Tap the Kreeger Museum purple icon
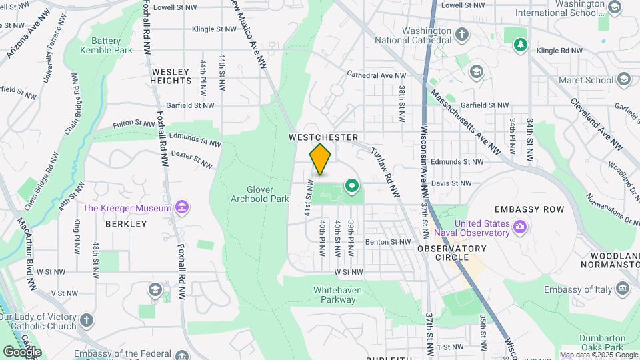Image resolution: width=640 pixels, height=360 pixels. pyautogui.click(x=181, y=208)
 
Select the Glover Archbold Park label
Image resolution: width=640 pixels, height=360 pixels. pyautogui.click(x=260, y=193)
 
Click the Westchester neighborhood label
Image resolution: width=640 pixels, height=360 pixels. pyautogui.click(x=323, y=137)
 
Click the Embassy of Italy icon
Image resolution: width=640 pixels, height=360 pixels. pyautogui.click(x=623, y=289)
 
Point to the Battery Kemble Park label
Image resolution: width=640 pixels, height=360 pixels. pyautogui.click(x=106, y=45)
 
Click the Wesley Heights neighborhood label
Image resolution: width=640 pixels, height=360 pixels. pyautogui.click(x=171, y=75)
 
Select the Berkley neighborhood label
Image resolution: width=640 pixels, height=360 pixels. pyautogui.click(x=125, y=224)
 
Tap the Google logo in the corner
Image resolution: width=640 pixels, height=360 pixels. pyautogui.click(x=22, y=351)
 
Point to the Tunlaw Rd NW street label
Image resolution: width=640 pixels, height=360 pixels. pyautogui.click(x=385, y=172)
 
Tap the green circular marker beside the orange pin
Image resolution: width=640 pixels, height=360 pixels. pyautogui.click(x=351, y=185)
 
